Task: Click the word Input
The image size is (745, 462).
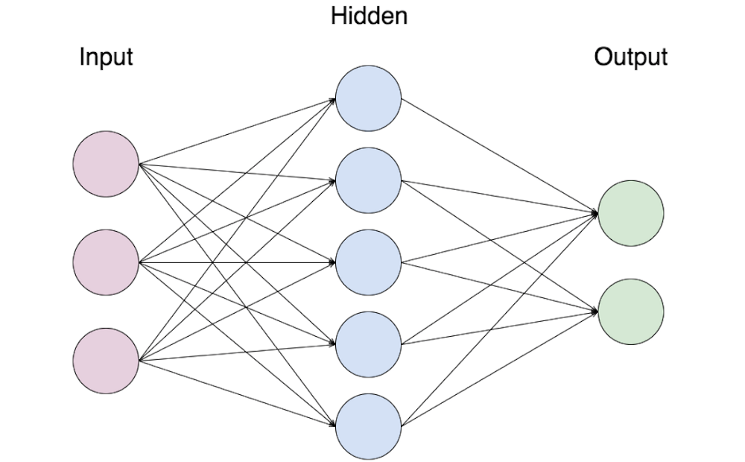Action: pyautogui.click(x=106, y=57)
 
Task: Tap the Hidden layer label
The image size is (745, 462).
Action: pyautogui.click(x=369, y=16)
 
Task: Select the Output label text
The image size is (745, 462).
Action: pyautogui.click(x=630, y=57)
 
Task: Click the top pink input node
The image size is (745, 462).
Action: pyautogui.click(x=106, y=163)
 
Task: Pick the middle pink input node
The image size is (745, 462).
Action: pyautogui.click(x=106, y=262)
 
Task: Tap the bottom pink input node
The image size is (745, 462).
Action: pyautogui.click(x=106, y=361)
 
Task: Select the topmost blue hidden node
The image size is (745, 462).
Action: pyautogui.click(x=368, y=98)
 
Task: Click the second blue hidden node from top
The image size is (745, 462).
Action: pyautogui.click(x=368, y=180)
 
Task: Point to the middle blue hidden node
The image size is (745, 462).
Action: pyautogui.click(x=368, y=263)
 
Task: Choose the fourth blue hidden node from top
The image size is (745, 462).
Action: pyautogui.click(x=368, y=345)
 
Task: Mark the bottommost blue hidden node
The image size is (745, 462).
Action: pyautogui.click(x=368, y=427)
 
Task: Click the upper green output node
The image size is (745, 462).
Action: pyautogui.click(x=630, y=213)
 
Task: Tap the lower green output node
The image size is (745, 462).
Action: pyautogui.click(x=630, y=311)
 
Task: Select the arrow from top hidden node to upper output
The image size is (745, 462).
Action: pyautogui.click(x=499, y=156)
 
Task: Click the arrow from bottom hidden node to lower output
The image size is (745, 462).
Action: pyautogui.click(x=499, y=369)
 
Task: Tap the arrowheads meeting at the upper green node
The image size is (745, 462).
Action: pyautogui.click(x=595, y=213)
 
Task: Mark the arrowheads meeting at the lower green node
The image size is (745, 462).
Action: pyautogui.click(x=595, y=311)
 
